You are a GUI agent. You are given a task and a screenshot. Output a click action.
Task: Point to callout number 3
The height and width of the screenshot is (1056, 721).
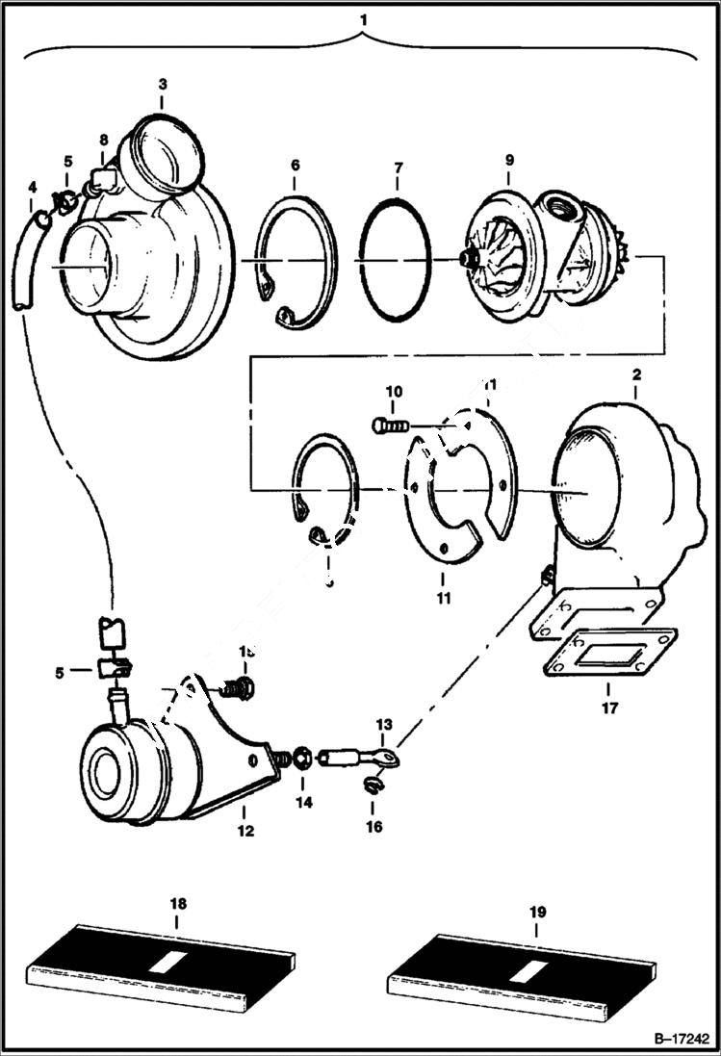tap(162, 85)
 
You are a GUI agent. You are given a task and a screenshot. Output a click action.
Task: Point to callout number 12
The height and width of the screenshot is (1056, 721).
tap(245, 830)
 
